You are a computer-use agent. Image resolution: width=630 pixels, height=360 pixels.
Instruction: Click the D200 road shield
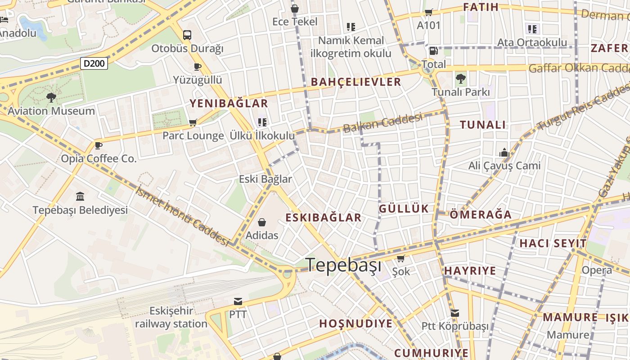click(94, 63)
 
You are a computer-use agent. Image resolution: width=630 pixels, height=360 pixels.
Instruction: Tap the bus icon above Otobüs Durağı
click(187, 35)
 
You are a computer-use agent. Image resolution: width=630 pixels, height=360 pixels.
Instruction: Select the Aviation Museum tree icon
click(51, 97)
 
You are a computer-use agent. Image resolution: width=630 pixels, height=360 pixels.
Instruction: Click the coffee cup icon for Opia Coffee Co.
click(98, 145)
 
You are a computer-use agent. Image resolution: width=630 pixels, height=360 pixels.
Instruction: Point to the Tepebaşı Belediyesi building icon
click(80, 196)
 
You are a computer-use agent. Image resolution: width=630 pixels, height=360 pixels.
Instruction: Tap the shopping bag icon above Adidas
click(261, 222)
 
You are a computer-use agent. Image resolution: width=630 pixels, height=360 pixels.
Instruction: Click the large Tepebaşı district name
click(344, 265)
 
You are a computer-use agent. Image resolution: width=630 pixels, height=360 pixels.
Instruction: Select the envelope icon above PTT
click(238, 301)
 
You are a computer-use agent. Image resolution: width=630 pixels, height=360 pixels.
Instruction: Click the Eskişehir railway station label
click(171, 317)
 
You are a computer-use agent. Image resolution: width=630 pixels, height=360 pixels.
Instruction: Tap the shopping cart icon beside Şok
click(400, 259)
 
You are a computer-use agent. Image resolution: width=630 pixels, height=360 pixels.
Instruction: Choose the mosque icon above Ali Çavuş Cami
click(504, 153)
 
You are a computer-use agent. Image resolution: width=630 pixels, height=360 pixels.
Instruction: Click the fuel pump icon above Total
click(433, 51)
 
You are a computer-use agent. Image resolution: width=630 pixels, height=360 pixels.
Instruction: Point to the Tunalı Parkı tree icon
click(460, 79)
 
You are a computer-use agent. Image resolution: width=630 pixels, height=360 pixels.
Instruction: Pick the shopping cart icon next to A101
click(428, 13)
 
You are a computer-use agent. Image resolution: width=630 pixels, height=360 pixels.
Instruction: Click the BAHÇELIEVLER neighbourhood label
click(355, 82)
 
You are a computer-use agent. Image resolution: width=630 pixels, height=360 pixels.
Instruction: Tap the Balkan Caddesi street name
click(382, 122)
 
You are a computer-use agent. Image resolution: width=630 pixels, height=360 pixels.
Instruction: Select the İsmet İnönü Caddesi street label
click(182, 216)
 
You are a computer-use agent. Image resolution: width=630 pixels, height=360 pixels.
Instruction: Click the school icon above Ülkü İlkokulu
click(262, 122)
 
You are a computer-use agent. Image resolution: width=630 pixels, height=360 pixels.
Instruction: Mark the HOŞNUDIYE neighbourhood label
click(355, 324)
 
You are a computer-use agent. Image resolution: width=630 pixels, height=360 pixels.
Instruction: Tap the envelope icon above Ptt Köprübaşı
click(455, 313)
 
